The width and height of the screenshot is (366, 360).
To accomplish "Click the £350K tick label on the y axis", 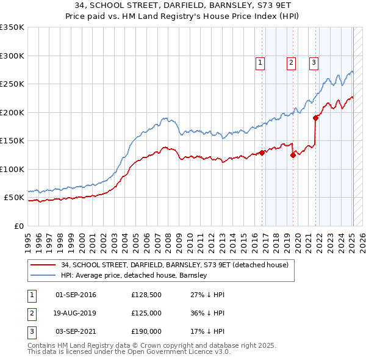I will tap(12, 27).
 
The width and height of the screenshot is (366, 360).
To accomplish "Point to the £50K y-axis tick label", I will tap(13, 198).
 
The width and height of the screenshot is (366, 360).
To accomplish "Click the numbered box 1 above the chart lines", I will tap(260, 62).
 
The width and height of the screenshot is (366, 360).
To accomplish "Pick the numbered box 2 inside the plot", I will tap(291, 62).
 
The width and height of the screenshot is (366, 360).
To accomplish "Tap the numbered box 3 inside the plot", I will tap(314, 62).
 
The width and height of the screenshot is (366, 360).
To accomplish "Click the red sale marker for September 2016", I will tap(262, 153).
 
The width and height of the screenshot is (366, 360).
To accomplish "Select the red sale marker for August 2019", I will tap(293, 155).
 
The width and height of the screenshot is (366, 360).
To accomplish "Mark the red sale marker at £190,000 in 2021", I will tap(315, 118).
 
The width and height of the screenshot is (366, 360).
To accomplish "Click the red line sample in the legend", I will tap(43, 265).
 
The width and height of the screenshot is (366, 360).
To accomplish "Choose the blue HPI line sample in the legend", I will tap(43, 275).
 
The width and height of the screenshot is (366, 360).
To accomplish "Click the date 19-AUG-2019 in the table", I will tap(76, 313).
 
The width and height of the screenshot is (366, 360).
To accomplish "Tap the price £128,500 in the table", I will tap(147, 295).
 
